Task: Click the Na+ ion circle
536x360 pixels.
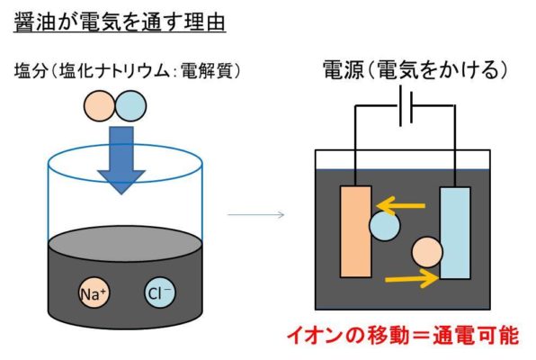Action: pos(94,292)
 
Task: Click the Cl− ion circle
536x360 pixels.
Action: pos(160,292)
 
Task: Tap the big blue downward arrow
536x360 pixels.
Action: pos(121,160)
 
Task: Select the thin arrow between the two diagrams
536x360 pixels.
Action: pos(255,214)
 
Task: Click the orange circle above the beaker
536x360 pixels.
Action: pos(99,105)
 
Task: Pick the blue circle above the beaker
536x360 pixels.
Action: pos(130,105)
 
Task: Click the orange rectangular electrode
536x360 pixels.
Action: pos(355,231)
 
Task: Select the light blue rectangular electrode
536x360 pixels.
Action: pos(455,233)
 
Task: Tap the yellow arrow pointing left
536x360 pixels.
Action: pos(400,206)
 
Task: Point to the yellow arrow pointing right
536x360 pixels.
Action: pos(412,279)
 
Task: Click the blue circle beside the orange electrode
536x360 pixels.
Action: pos(384,226)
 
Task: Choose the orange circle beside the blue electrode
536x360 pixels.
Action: pos(427,252)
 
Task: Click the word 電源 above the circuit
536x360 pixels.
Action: pos(344,69)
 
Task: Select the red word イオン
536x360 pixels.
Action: pos(314,336)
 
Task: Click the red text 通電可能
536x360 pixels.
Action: pos(476,336)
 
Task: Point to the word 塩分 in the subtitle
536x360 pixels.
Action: pos(30,71)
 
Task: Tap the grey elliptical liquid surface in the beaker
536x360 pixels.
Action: pos(125,243)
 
